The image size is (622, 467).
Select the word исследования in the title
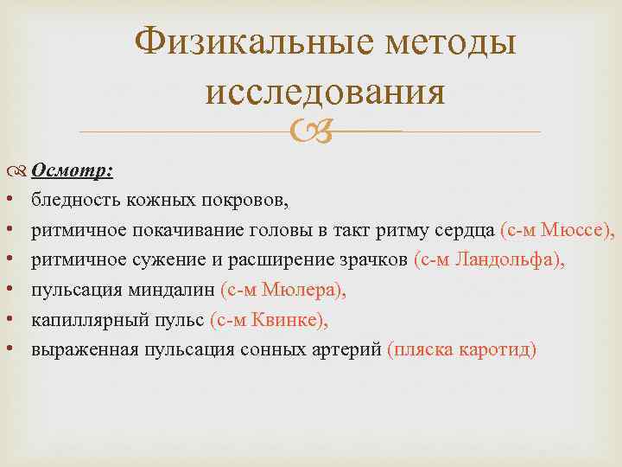click(326, 92)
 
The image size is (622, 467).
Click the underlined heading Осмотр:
click(73, 171)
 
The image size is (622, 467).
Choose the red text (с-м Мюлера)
click(283, 291)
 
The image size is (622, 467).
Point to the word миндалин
click(180, 291)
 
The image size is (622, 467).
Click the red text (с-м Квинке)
click(269, 320)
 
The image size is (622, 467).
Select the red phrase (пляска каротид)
click(462, 349)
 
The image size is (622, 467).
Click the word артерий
click(350, 349)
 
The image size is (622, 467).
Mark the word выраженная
click(76, 349)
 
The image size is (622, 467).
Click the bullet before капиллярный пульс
click(9, 320)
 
